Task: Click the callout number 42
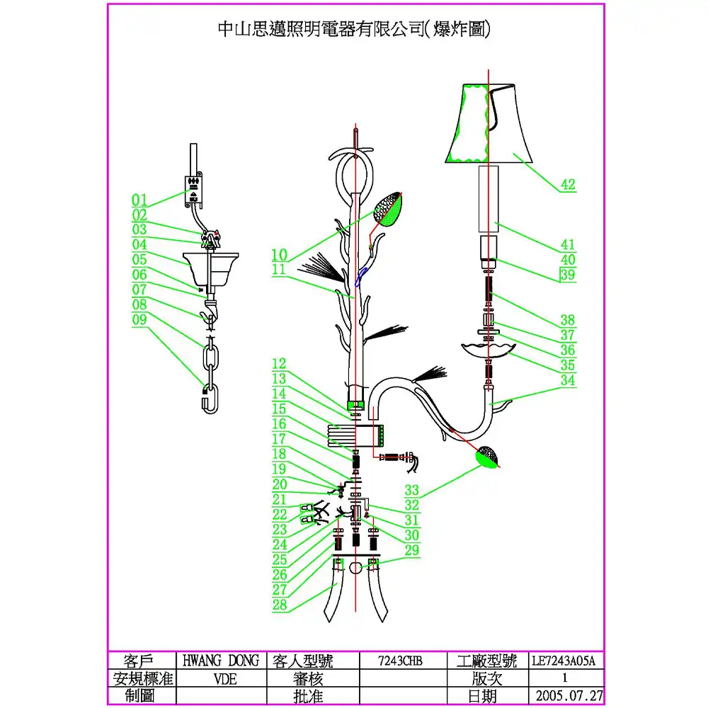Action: [x=568, y=185]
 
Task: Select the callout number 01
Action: [x=139, y=199]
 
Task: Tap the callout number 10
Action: [x=279, y=254]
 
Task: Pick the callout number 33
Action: [x=412, y=489]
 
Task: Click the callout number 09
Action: [x=139, y=319]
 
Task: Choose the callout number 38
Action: [x=568, y=320]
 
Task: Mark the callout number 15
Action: [x=280, y=409]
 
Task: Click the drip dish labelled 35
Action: [x=489, y=348]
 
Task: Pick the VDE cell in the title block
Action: [x=220, y=678]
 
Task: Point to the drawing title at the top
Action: [x=353, y=29]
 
